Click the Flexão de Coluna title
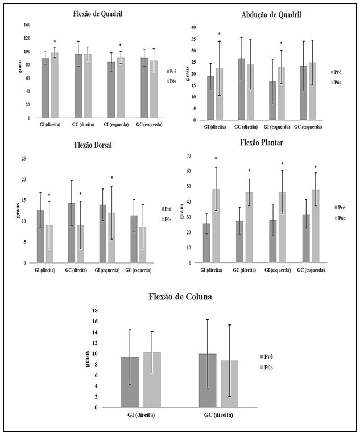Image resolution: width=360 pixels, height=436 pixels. (x=180, y=296)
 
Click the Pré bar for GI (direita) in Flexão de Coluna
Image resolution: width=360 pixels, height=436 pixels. (x=130, y=382)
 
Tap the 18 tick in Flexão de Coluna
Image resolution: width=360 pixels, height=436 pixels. (x=95, y=311)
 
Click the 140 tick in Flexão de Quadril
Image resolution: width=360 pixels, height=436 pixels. (x=26, y=24)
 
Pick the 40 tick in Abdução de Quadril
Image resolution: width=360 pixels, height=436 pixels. (x=193, y=27)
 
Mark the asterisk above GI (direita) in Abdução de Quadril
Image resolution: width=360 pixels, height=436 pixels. (x=219, y=34)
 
